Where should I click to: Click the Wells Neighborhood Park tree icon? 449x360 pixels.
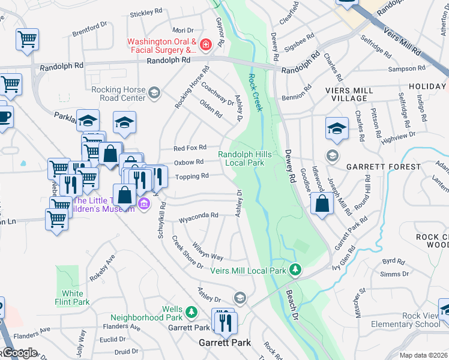(191, 312)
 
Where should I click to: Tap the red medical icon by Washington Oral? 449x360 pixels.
(206, 45)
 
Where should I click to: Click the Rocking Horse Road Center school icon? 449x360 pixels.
(154, 92)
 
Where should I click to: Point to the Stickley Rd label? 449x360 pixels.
(146, 11)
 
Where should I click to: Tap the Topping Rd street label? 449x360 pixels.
(191, 176)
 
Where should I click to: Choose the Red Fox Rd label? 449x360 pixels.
(190, 148)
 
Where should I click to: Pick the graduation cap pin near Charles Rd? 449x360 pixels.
(337, 128)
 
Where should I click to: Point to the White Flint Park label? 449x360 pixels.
(72, 298)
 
